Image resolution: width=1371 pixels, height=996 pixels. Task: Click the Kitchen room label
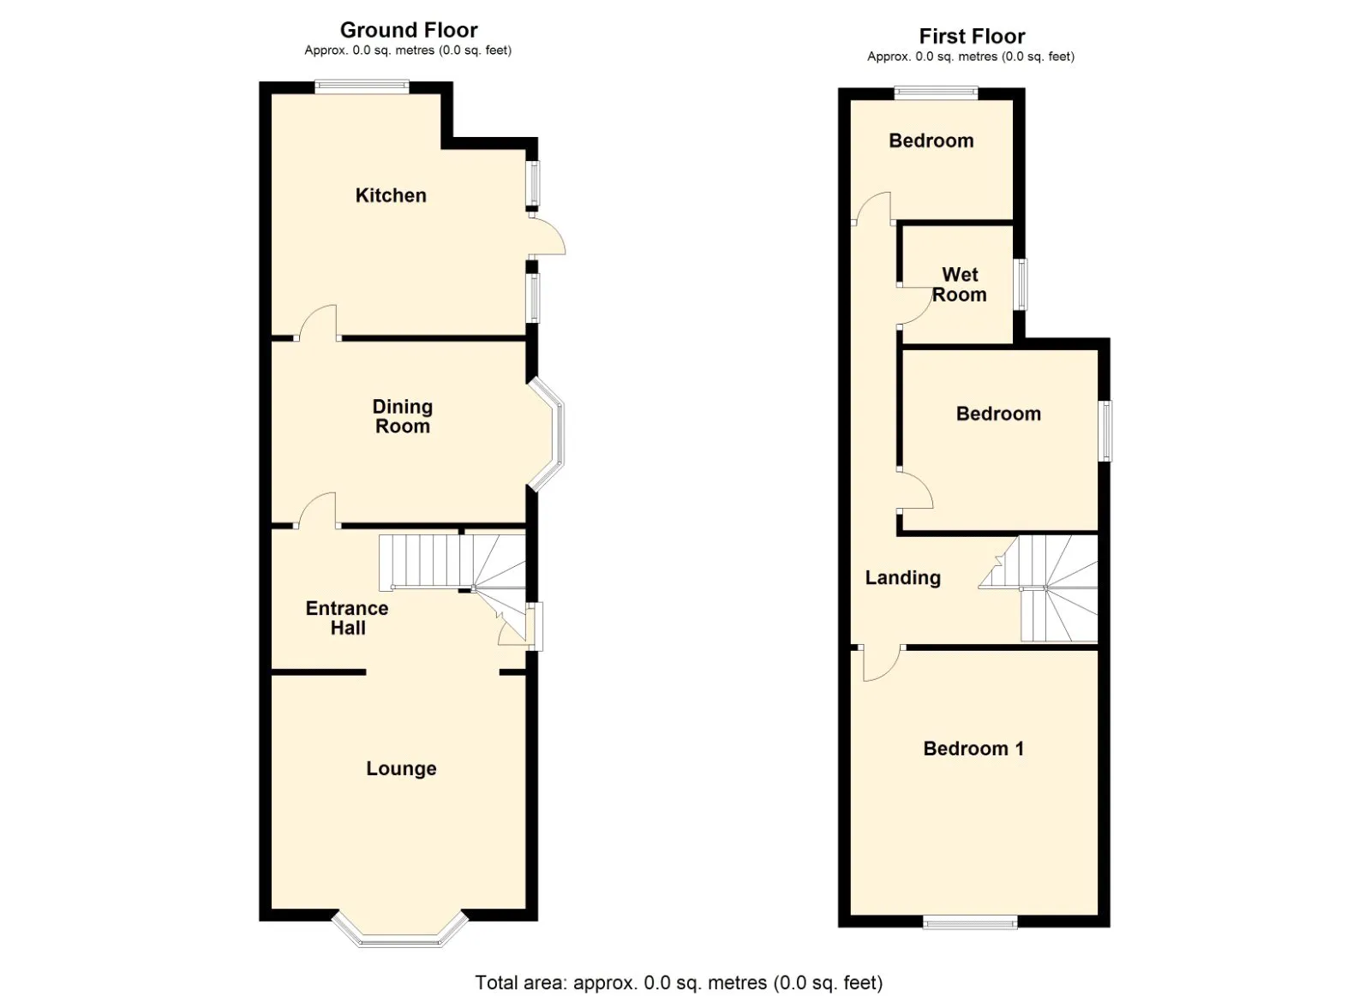391,195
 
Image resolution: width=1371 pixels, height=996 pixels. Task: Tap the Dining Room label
403,416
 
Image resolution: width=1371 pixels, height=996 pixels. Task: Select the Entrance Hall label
347,617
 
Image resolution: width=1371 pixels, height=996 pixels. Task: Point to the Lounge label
401,769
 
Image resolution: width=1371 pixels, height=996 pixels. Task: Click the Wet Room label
960,284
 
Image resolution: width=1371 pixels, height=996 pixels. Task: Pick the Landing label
902,578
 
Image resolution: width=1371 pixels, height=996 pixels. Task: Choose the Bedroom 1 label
973,748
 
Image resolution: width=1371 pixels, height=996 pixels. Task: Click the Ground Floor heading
409,30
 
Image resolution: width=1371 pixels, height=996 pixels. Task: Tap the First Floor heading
972,36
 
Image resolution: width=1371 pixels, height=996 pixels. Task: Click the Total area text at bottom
679,982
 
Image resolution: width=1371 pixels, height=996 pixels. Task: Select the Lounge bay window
400,933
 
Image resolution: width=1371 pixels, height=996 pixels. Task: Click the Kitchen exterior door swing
548,236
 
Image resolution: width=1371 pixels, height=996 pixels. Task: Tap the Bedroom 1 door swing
881,663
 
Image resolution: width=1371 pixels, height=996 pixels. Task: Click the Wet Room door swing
915,307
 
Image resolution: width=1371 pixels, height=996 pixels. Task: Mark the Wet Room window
1021,284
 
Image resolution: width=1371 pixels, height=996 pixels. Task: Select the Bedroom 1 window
970,921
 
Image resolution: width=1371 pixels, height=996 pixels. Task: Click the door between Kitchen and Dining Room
318,323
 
